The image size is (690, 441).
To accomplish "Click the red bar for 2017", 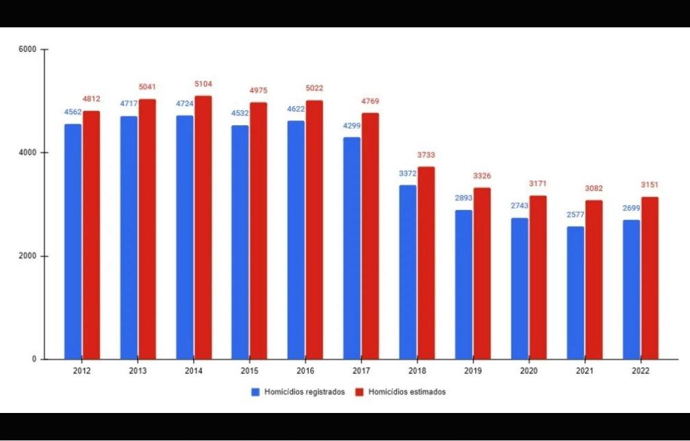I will [370, 236].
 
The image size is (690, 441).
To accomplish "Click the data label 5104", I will [203, 84].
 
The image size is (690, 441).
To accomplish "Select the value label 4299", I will [352, 126].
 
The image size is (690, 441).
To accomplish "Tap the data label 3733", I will [426, 155].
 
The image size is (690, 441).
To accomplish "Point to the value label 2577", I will [575, 215].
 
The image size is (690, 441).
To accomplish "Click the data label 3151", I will [650, 185].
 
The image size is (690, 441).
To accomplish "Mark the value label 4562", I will [73, 112].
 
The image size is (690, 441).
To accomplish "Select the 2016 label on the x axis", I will [305, 371].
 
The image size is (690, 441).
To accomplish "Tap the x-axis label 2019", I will [472, 371].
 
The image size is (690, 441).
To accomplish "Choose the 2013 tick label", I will [138, 371].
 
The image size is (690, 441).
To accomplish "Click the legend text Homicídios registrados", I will [305, 392].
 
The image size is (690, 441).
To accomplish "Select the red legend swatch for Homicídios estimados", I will [359, 392].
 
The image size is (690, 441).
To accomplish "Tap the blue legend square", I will [255, 392].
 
